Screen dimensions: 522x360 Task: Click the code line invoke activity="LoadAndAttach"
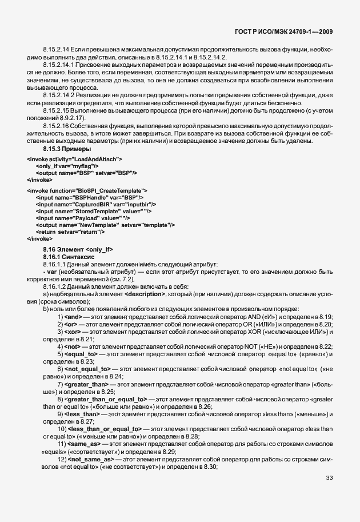(74, 158)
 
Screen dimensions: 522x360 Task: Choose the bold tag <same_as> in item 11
(85, 444)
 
